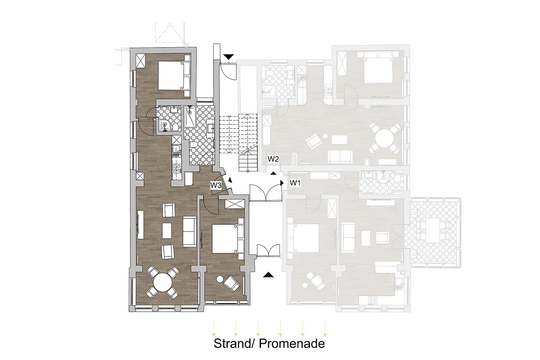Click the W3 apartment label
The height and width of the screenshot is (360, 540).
(x=216, y=185)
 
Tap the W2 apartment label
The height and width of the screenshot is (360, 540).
(x=273, y=159)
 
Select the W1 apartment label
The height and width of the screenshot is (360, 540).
(x=295, y=183)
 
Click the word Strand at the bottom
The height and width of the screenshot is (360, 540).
(x=232, y=343)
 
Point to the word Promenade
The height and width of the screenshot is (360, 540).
(x=292, y=343)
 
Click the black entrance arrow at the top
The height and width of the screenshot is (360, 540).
(x=229, y=57)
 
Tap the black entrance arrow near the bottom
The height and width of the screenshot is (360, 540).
(x=268, y=274)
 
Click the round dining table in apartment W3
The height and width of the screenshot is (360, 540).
(x=163, y=282)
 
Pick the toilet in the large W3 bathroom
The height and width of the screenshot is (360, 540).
(x=193, y=144)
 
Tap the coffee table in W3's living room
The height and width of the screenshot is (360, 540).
(x=167, y=231)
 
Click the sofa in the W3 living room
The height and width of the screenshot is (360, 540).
(x=190, y=231)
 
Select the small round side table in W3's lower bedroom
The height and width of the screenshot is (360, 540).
(x=220, y=279)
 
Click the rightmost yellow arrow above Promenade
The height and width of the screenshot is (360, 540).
(x=325, y=328)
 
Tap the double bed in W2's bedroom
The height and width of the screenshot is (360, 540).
(x=378, y=70)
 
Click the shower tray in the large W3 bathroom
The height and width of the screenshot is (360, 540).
(x=190, y=117)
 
